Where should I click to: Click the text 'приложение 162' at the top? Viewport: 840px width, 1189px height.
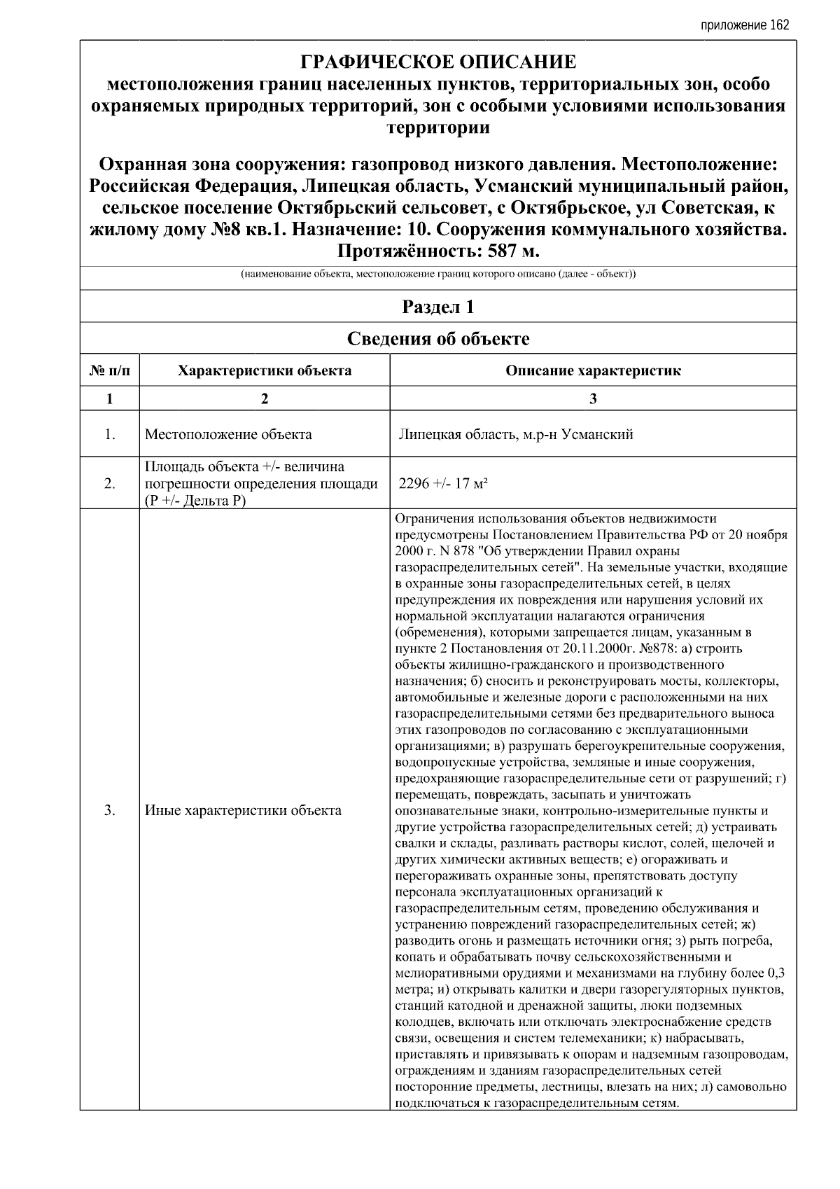pyautogui.click(x=744, y=25)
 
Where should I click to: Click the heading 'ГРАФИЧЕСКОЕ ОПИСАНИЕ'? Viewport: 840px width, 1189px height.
pyautogui.click(x=438, y=62)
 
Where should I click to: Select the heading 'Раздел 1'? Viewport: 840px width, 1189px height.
pyautogui.click(x=438, y=307)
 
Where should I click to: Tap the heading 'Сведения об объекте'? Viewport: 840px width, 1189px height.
pyautogui.click(x=438, y=339)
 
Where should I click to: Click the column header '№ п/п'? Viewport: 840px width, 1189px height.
pyautogui.click(x=110, y=370)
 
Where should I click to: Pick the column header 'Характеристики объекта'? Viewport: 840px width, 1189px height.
pyautogui.click(x=265, y=370)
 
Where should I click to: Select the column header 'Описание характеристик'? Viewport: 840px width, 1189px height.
pyautogui.click(x=593, y=370)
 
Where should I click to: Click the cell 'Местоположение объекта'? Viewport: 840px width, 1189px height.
pyautogui.click(x=228, y=434)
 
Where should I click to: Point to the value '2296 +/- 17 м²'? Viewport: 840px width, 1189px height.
pyautogui.click(x=443, y=483)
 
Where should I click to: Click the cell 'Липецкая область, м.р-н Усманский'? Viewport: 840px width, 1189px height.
pyautogui.click(x=515, y=434)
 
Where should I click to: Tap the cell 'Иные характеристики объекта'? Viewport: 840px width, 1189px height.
pyautogui.click(x=243, y=810)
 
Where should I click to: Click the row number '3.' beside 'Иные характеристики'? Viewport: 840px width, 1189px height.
pyautogui.click(x=110, y=810)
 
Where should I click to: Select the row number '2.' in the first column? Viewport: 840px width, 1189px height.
pyautogui.click(x=110, y=483)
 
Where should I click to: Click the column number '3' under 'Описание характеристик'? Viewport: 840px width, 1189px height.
pyautogui.click(x=593, y=398)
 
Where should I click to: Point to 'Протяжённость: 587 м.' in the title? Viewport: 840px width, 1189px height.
pyautogui.click(x=438, y=251)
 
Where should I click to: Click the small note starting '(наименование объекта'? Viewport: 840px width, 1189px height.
pyautogui.click(x=438, y=274)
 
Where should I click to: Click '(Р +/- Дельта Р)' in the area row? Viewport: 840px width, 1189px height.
pyautogui.click(x=194, y=500)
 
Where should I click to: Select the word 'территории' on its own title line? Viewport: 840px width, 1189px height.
pyautogui.click(x=438, y=127)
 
